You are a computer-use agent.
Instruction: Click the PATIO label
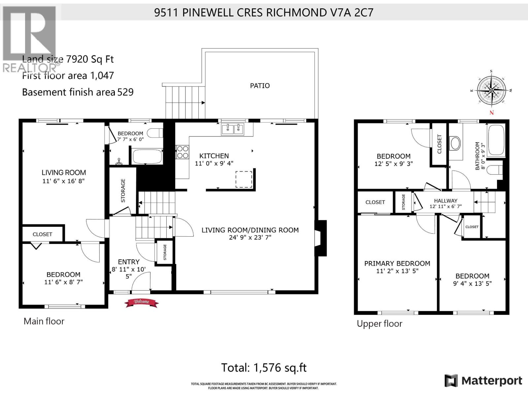[x=260, y=86]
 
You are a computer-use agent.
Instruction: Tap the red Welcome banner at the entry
[x=141, y=302]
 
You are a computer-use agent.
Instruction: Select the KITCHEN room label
[x=214, y=156]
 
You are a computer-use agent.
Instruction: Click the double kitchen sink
[x=233, y=129]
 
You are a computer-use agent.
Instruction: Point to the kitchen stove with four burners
[x=182, y=152]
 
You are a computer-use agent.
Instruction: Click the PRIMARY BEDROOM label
[x=397, y=263]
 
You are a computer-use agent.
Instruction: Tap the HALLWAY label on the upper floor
[x=445, y=201]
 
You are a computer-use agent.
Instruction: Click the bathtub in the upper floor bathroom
[x=496, y=140]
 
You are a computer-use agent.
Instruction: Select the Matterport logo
[x=483, y=381]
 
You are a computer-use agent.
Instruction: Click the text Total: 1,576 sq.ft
[x=264, y=368]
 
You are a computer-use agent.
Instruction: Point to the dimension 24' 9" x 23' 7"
[x=250, y=237]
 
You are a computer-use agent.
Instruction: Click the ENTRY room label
[x=129, y=262]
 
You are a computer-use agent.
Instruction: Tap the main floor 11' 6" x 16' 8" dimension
[x=64, y=181]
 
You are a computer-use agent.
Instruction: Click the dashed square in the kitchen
[x=244, y=179]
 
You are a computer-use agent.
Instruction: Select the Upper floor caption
[x=379, y=324]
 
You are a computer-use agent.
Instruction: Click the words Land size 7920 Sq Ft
[x=68, y=59]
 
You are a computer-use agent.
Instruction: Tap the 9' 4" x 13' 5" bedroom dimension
[x=472, y=283]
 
